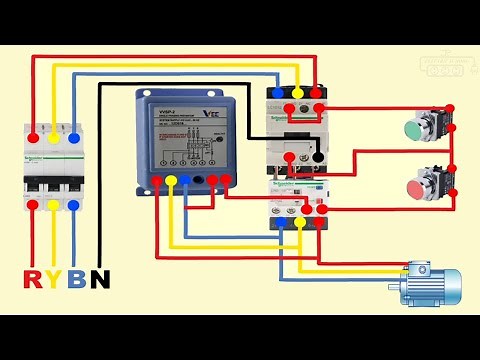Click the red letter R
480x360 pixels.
pos(33,279)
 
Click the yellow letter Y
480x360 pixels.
pos(54,279)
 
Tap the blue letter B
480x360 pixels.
pos(76,279)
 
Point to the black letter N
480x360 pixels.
pos(99,279)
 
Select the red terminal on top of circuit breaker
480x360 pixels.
pos(34,135)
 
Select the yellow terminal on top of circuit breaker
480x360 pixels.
pos(54,135)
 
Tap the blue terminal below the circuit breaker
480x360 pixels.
pos(74,205)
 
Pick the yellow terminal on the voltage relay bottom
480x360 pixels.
pos(172,181)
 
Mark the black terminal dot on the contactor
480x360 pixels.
pos(316,158)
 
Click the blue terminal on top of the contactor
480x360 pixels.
pos(277,91)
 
